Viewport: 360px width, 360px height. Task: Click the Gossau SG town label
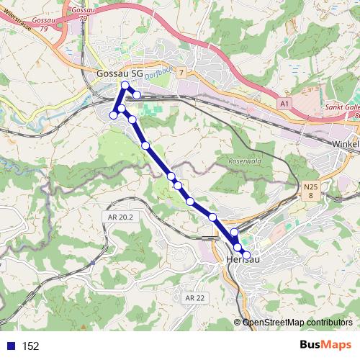click(x=120, y=73)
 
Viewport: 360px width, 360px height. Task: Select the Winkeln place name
click(x=345, y=143)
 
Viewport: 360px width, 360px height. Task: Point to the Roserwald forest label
click(x=241, y=161)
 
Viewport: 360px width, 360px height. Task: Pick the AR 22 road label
click(x=194, y=297)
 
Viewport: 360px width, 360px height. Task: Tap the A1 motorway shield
click(x=284, y=104)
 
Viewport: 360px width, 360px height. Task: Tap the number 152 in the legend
click(x=30, y=346)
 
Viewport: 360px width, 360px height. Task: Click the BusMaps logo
click(x=325, y=345)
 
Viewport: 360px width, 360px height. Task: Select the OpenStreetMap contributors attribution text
click(x=297, y=323)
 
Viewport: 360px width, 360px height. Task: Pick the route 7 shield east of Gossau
click(x=182, y=73)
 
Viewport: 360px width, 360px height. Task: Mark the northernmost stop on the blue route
click(x=126, y=86)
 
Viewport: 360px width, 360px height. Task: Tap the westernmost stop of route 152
click(x=113, y=115)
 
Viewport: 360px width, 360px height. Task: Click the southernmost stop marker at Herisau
click(x=246, y=255)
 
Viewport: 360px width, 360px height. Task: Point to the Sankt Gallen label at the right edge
click(x=344, y=107)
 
